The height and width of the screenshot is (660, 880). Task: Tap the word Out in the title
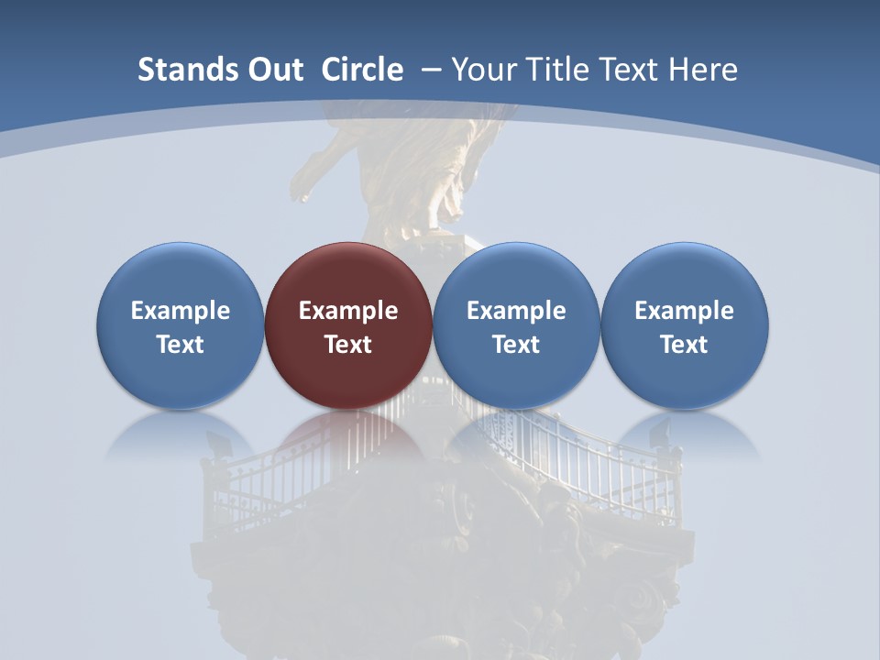click(272, 70)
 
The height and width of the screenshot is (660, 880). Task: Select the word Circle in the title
click(362, 70)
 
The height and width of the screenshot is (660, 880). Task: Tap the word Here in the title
click(703, 70)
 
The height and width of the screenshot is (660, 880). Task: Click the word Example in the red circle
click(348, 311)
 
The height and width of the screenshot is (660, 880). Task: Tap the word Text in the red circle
click(348, 345)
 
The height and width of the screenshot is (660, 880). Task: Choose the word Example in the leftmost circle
click(181, 311)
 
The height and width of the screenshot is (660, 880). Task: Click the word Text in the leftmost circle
click(181, 345)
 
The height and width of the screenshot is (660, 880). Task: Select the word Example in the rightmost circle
click(685, 311)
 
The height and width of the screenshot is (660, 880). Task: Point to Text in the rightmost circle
click(685, 345)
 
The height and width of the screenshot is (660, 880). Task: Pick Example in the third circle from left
click(516, 311)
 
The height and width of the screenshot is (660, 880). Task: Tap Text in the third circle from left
click(516, 345)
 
